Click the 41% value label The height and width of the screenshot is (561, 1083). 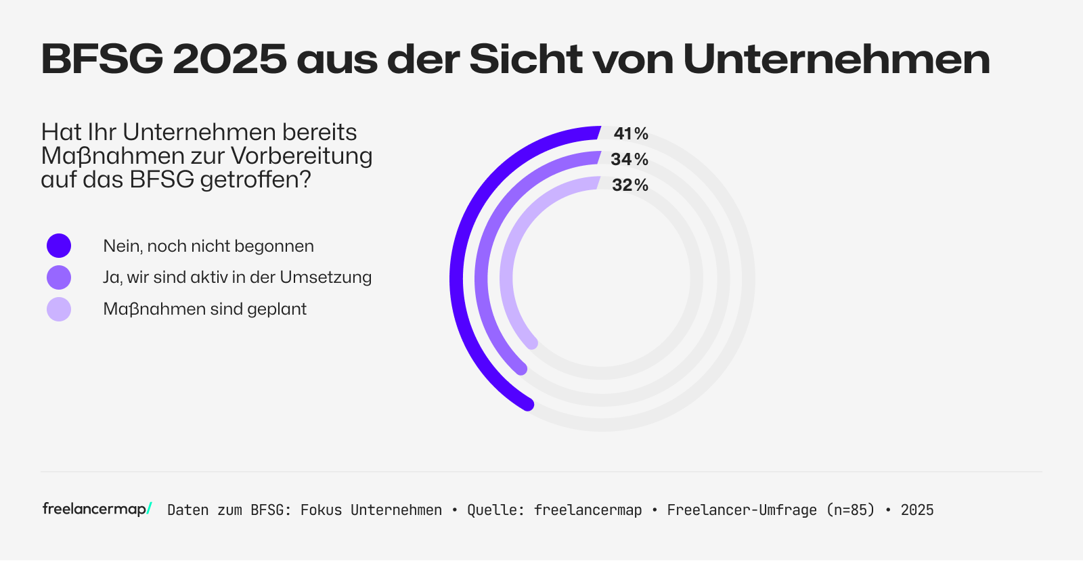pyautogui.click(x=631, y=134)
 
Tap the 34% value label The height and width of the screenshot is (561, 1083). pyautogui.click(x=629, y=160)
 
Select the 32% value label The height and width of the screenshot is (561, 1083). pyautogui.click(x=630, y=185)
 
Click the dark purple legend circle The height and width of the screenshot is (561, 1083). pyautogui.click(x=59, y=246)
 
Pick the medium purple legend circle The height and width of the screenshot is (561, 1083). pyautogui.click(x=59, y=277)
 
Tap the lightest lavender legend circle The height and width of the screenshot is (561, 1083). pyautogui.click(x=59, y=309)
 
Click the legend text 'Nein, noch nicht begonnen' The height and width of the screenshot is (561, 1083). pyautogui.click(x=208, y=246)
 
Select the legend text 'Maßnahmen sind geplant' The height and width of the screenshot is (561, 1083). pyautogui.click(x=204, y=309)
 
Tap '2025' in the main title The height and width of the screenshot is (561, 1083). pyautogui.click(x=230, y=60)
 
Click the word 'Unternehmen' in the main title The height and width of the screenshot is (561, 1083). pyautogui.click(x=837, y=60)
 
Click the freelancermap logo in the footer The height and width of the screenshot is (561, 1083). pyautogui.click(x=97, y=509)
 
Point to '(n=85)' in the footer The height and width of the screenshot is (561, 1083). pyautogui.click(x=850, y=510)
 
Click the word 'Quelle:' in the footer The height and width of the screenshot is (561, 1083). pyautogui.click(x=495, y=510)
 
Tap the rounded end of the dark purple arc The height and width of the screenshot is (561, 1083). pyautogui.click(x=528, y=405)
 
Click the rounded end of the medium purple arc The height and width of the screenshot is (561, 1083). pyautogui.click(x=521, y=369)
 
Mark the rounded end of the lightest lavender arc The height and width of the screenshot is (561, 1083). pyautogui.click(x=532, y=344)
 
